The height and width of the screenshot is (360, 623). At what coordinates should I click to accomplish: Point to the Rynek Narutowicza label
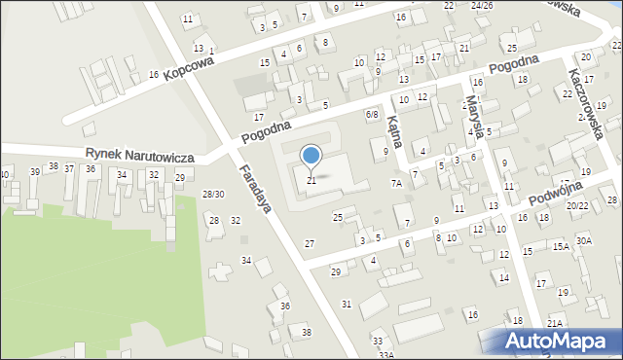tap(139, 156)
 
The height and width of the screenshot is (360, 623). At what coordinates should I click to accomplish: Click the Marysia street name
tap(475, 116)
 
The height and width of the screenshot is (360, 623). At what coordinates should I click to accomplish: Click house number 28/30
tap(212, 195)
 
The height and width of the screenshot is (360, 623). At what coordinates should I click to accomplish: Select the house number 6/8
tap(371, 115)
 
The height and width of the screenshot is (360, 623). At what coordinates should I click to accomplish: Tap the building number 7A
tap(396, 183)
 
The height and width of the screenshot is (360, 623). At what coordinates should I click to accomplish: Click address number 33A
tap(385, 355)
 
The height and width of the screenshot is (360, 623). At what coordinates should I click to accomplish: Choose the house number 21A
tap(554, 323)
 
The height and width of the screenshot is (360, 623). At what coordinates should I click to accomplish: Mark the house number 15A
tap(561, 247)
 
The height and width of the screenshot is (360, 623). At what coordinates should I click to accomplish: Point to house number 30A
tap(583, 240)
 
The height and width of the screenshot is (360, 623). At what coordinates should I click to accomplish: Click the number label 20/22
tap(577, 206)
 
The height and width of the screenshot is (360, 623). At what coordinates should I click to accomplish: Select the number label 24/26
tap(481, 5)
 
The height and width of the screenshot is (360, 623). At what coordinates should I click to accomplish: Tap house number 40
tap(5, 174)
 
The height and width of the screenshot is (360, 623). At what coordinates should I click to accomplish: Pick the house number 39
tap(35, 171)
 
